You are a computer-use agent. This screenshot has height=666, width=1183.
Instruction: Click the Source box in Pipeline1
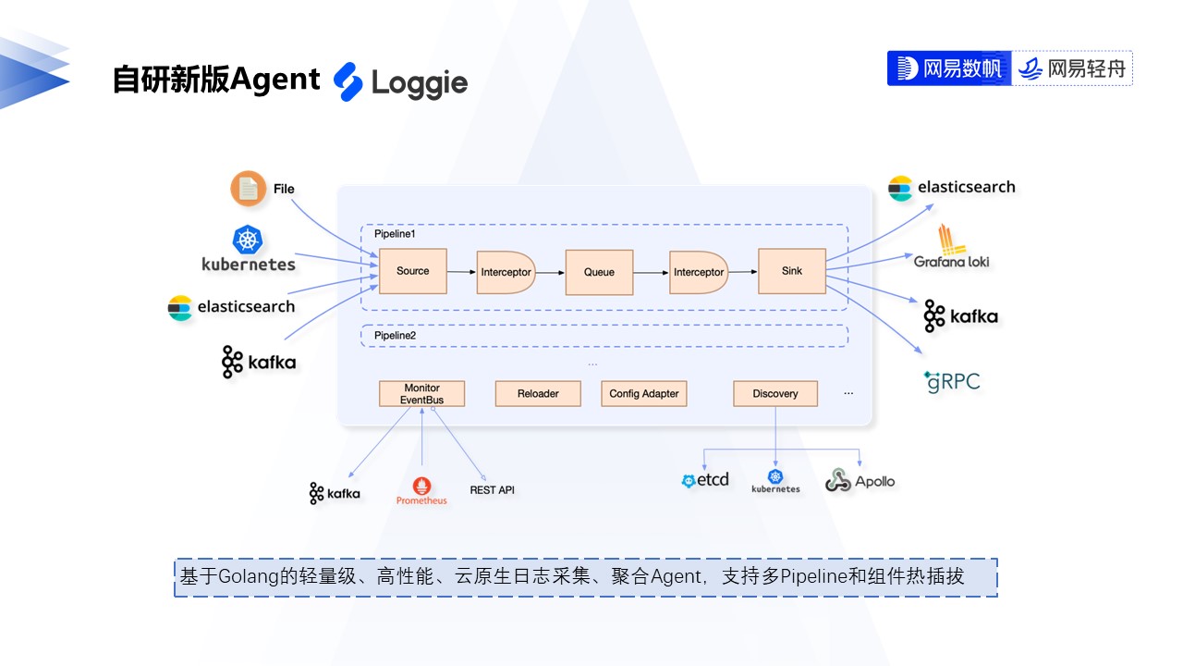(413, 271)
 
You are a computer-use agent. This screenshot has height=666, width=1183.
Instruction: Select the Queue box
(599, 272)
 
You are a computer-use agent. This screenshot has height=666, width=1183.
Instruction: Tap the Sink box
(792, 271)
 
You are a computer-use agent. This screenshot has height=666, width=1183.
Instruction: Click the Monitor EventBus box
(421, 394)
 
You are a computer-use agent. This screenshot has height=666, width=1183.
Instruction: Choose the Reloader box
(538, 394)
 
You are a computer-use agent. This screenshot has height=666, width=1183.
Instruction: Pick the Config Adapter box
(644, 394)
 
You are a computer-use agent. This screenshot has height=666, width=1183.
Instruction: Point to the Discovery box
(775, 394)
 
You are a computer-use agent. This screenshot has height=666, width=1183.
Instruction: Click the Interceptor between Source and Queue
(506, 272)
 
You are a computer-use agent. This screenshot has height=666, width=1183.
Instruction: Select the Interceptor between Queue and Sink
(699, 272)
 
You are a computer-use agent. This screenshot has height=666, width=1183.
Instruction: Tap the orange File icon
(248, 189)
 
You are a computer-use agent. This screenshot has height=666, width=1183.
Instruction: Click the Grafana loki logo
(951, 247)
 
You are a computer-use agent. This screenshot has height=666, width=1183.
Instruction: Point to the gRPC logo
(952, 381)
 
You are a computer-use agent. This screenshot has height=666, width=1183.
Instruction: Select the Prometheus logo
(421, 491)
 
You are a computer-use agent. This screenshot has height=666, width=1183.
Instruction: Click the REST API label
(492, 489)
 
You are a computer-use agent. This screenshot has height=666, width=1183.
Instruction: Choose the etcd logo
(705, 480)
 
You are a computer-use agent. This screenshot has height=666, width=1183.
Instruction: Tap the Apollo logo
(860, 481)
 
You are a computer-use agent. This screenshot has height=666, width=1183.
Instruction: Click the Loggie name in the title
(420, 83)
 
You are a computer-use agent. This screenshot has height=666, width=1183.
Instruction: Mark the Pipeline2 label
(395, 335)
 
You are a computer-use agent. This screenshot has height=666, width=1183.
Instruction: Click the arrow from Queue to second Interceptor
(652, 272)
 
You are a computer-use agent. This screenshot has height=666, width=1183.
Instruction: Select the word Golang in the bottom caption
(247, 577)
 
